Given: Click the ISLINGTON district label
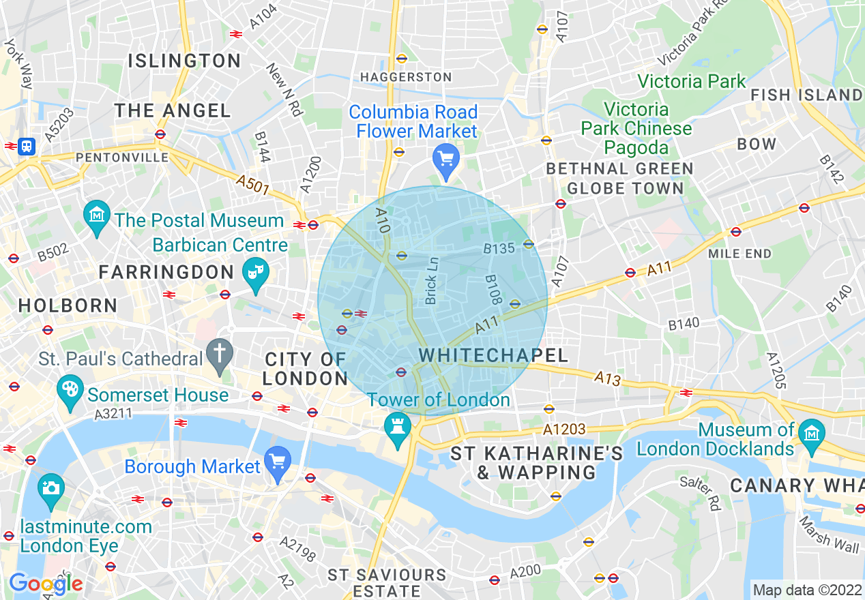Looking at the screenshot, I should point(184,61).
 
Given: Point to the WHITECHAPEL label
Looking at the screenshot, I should point(494,355).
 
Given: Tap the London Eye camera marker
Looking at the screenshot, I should point(51,487).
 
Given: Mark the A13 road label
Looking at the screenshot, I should point(606,379).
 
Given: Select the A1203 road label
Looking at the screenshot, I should point(565,429).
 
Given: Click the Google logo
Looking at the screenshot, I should point(45,584).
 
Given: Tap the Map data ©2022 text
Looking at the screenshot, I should point(807,590).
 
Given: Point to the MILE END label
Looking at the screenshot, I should point(740,254).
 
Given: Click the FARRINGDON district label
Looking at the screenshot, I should point(166,272).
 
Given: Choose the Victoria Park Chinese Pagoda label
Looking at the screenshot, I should point(636,128).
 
